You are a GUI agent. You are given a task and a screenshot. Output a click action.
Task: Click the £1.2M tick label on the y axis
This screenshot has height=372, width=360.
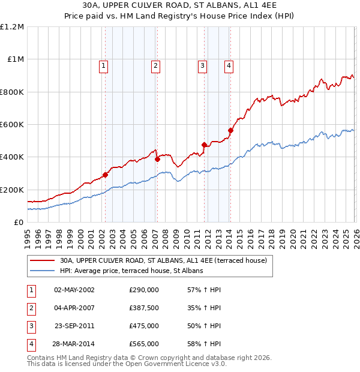(12, 27)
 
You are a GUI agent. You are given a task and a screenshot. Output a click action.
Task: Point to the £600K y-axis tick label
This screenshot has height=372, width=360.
(12, 125)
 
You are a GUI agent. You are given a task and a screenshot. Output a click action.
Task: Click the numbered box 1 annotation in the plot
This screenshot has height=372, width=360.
(104, 66)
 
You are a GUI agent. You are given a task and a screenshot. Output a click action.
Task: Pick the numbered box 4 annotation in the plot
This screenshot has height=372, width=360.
(229, 66)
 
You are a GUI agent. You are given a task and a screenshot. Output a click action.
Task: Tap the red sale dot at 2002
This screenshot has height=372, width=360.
(105, 175)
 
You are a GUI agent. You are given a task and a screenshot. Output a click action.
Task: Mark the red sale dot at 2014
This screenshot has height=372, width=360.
(230, 130)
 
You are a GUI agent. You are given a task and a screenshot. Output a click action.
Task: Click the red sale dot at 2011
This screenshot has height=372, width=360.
(204, 145)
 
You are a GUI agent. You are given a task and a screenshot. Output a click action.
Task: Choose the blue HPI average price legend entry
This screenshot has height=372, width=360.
(131, 271)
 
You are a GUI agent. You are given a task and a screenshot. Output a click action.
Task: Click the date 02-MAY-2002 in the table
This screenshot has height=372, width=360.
(74, 290)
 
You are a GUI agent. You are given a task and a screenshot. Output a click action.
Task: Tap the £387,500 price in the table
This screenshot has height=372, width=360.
(144, 308)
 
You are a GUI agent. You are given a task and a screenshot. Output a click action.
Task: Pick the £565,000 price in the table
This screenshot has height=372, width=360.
(144, 344)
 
